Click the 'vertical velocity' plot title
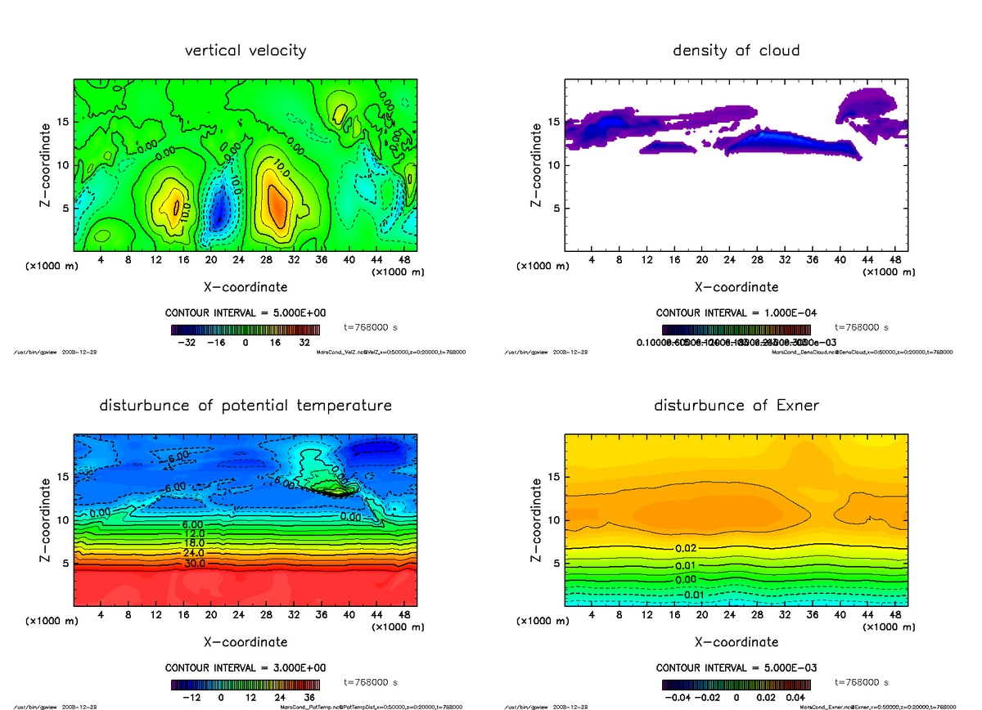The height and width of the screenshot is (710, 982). click(245, 51)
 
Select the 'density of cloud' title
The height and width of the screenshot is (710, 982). click(736, 51)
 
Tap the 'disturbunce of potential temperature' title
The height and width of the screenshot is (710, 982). click(245, 406)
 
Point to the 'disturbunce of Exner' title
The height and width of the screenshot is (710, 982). click(736, 406)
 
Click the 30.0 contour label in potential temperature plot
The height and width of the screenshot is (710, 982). click(192, 564)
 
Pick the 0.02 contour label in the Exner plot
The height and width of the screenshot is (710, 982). click(686, 548)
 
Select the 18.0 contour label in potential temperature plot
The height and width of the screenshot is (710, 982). click(192, 543)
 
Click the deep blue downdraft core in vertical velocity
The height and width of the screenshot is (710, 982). click(218, 214)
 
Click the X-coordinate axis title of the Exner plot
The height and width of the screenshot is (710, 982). click(736, 642)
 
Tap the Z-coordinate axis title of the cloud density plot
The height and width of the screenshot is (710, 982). click(536, 164)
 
